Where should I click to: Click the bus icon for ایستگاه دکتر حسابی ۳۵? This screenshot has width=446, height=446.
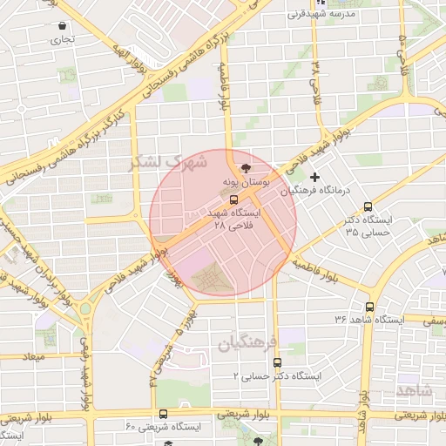click(x=368, y=207)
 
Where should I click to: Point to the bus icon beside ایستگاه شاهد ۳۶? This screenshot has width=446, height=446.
click(x=370, y=307)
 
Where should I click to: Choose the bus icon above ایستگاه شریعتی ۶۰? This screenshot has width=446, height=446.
click(x=164, y=414)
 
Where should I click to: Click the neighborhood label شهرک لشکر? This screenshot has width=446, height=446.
click(x=168, y=162)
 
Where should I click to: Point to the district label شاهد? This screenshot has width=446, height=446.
click(x=414, y=389)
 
